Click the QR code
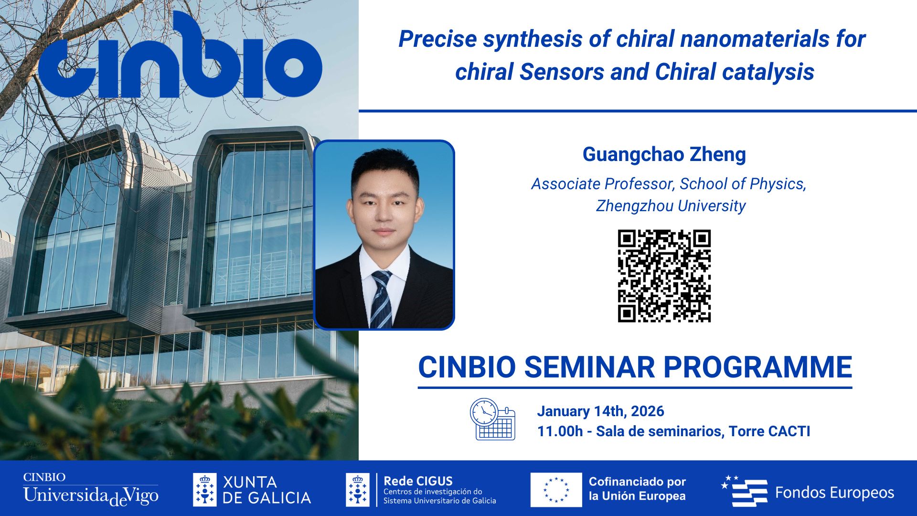click(x=664, y=276)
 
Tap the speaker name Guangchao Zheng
click(x=664, y=154)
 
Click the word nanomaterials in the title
click(x=755, y=39)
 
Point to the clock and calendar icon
click(x=492, y=419)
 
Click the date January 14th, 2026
click(x=600, y=411)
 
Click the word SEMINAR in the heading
click(x=590, y=367)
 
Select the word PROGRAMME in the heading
click(x=758, y=367)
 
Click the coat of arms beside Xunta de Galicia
click(x=204, y=490)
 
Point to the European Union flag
click(x=556, y=490)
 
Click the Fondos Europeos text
click(x=834, y=493)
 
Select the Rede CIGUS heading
click(x=418, y=481)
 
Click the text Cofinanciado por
click(x=637, y=482)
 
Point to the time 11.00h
click(x=560, y=431)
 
